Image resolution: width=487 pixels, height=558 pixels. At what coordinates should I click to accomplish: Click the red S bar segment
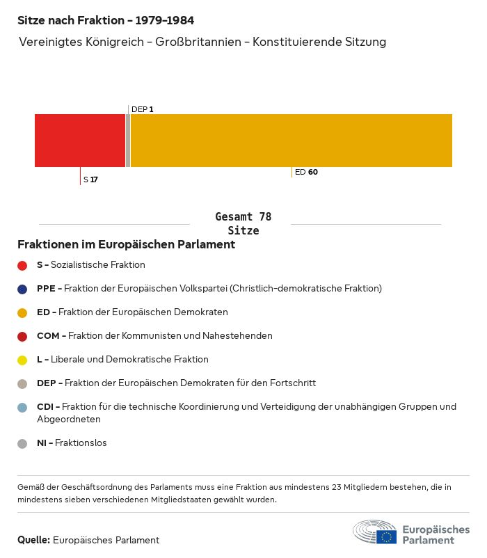point(80,140)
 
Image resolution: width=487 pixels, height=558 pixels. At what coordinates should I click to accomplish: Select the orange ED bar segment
point(291,140)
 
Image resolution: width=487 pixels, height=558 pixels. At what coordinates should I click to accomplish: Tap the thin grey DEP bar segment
point(128,140)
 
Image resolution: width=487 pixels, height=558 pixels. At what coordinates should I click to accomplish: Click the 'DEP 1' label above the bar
point(142,109)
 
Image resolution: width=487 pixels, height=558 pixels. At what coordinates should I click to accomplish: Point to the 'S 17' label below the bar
point(90,180)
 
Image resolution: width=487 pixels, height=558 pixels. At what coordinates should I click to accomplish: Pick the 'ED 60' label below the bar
point(306,172)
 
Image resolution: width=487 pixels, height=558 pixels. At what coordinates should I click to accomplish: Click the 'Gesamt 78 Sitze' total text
point(243,223)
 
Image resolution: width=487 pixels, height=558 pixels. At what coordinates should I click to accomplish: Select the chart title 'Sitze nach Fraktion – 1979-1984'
point(106,20)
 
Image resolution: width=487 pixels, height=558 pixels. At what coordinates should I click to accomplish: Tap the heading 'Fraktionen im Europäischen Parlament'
point(126,244)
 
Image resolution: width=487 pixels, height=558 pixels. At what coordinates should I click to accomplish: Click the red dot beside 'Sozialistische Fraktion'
point(22,265)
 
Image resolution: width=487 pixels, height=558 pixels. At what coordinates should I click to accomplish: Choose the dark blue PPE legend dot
point(22,289)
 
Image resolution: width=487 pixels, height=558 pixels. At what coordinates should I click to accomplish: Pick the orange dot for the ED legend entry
point(22,312)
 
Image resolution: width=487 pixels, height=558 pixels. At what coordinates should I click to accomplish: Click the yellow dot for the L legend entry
point(22,360)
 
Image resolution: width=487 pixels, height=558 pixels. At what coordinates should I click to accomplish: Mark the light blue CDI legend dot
point(22,407)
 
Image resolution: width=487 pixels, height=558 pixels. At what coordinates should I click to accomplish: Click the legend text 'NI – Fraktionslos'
point(72,443)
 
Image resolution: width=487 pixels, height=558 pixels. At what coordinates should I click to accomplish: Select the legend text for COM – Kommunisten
point(154,335)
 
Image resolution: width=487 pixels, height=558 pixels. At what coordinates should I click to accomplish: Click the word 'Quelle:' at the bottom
point(33,540)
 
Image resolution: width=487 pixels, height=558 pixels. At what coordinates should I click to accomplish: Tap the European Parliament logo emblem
point(375,533)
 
